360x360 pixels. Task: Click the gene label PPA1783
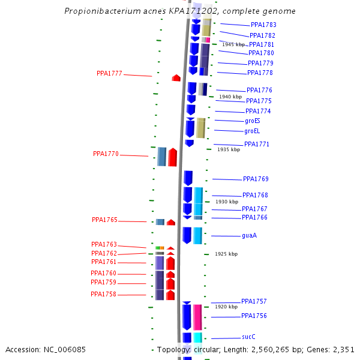[x=263, y=25]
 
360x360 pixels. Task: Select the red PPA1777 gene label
[x=109, y=73]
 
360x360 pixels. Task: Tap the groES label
[x=252, y=121]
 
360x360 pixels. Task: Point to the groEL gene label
[x=252, y=131]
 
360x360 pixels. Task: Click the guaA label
[x=249, y=235]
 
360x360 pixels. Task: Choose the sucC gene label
[x=248, y=337]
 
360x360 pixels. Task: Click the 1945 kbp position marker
[x=233, y=44]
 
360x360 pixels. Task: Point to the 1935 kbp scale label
[x=229, y=149]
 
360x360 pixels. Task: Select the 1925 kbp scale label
[x=226, y=254]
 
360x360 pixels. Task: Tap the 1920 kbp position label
[x=226, y=307]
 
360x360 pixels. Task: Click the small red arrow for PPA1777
[x=176, y=78]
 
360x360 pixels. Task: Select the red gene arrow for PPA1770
[x=172, y=157]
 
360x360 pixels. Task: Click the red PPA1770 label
[x=106, y=154]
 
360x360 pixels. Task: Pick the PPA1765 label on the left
[x=104, y=220]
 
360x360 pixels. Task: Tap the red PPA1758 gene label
[x=103, y=294]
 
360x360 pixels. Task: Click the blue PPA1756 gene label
[x=254, y=316]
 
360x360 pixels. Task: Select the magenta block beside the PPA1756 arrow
[x=197, y=317]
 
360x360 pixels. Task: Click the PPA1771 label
[x=256, y=144]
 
